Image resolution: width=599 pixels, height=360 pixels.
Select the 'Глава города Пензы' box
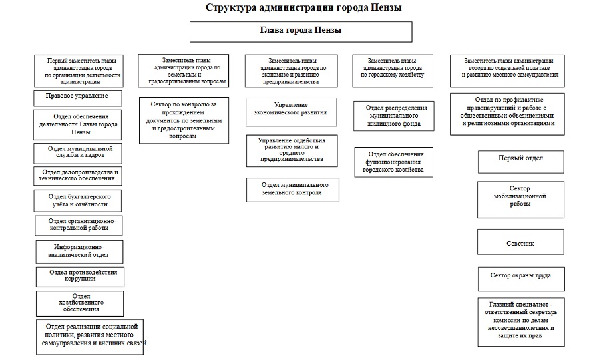(x=301, y=31)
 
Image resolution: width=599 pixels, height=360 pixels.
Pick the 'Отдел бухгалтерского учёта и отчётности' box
(x=79, y=200)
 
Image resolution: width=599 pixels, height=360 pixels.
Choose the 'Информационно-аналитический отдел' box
(x=79, y=251)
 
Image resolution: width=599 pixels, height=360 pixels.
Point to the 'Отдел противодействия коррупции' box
(x=79, y=275)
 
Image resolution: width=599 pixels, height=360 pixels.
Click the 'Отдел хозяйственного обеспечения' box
(x=79, y=302)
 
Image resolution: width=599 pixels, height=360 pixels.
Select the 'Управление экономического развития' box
(x=290, y=109)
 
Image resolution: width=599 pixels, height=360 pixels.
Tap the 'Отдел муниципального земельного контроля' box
(x=292, y=189)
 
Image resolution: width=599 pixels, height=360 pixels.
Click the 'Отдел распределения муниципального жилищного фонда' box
(x=392, y=116)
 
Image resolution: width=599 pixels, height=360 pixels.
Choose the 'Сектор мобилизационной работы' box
(x=520, y=196)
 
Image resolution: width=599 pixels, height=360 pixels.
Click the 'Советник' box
(x=520, y=242)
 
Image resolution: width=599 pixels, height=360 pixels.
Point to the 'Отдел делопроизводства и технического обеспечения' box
(x=79, y=176)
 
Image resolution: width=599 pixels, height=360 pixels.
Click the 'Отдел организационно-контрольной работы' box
(x=79, y=225)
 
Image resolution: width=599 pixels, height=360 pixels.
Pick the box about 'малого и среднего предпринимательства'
(x=290, y=150)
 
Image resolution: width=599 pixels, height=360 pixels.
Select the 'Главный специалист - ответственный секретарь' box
(x=520, y=322)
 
